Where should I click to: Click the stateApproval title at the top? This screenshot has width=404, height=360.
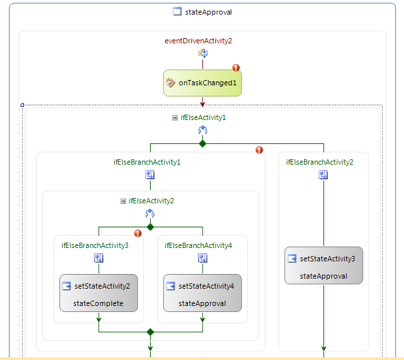click(208, 11)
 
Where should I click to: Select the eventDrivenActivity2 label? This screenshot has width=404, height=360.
click(198, 41)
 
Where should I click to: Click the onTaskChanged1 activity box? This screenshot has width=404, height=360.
click(202, 83)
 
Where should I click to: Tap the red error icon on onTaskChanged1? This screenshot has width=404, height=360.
click(235, 67)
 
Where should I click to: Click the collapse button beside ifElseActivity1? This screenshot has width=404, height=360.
click(175, 117)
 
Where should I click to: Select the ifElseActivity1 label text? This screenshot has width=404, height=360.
click(203, 117)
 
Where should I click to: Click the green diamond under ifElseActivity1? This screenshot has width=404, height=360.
click(203, 143)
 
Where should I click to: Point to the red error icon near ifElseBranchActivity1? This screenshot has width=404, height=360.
click(259, 150)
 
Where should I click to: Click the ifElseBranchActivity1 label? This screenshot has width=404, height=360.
click(147, 162)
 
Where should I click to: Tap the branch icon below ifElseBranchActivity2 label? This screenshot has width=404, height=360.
click(323, 175)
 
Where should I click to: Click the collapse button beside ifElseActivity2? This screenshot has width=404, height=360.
click(123, 201)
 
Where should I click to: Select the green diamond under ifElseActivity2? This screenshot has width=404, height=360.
click(151, 227)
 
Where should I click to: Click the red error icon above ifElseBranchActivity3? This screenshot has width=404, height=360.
click(138, 233)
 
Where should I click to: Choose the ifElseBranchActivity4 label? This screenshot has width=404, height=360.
click(198, 245)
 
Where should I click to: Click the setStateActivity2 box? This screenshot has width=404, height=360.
click(99, 293)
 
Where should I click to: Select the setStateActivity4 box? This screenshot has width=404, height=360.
click(203, 293)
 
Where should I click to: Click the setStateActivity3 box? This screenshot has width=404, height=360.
click(324, 265)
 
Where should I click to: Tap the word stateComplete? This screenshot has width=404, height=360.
click(99, 303)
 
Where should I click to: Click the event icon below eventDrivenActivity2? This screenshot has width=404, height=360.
click(202, 53)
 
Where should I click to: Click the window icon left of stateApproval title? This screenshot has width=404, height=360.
click(177, 11)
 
